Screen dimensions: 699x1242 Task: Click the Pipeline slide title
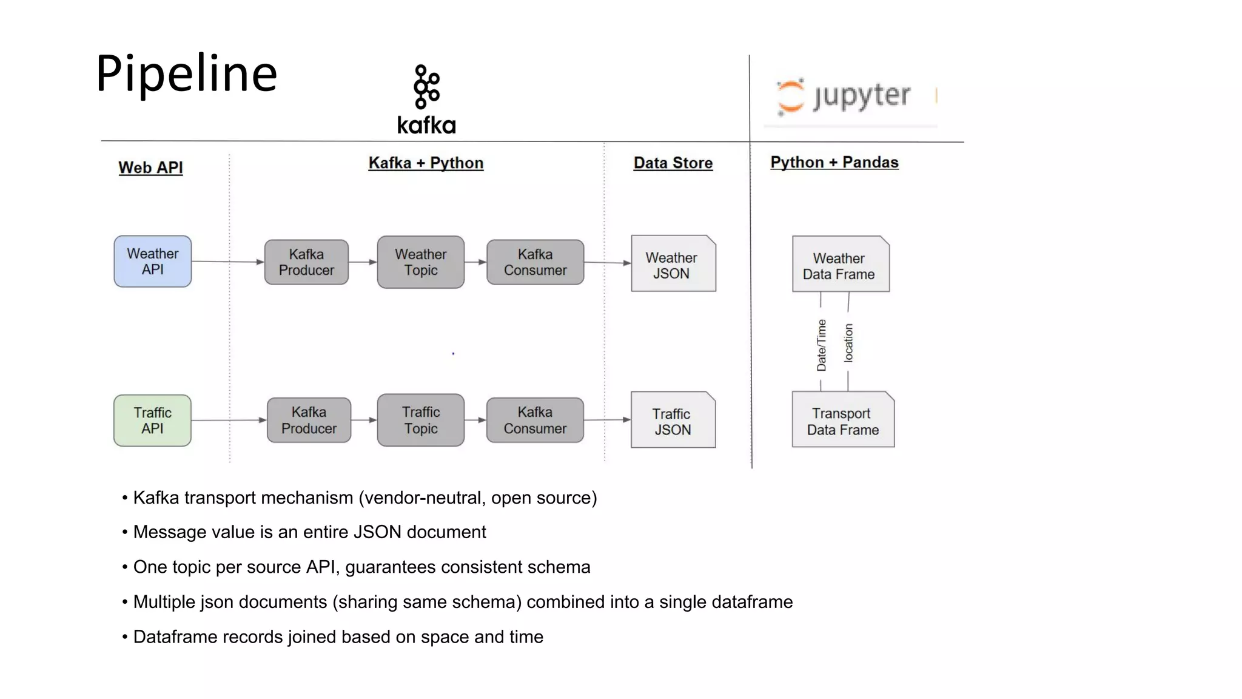pyautogui.click(x=186, y=73)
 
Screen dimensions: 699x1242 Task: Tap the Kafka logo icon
pyautogui.click(x=426, y=87)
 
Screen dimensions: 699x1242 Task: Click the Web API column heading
pyautogui.click(x=150, y=167)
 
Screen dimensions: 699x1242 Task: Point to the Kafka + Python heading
pyautogui.click(x=426, y=163)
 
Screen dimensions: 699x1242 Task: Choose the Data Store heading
pyautogui.click(x=673, y=163)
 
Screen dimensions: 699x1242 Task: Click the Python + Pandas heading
pyautogui.click(x=834, y=162)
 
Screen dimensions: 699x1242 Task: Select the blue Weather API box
pyautogui.click(x=153, y=262)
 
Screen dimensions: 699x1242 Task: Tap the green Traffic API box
pyautogui.click(x=153, y=420)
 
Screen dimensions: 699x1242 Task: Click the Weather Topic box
pyautogui.click(x=420, y=262)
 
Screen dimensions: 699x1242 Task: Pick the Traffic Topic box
pyautogui.click(x=420, y=420)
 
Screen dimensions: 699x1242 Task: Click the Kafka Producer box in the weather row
pyautogui.click(x=306, y=262)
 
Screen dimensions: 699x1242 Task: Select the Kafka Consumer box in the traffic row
pyautogui.click(x=535, y=420)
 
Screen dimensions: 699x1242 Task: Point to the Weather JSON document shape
pyautogui.click(x=673, y=264)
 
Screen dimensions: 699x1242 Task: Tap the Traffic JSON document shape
pyautogui.click(x=673, y=420)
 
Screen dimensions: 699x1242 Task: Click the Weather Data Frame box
pyautogui.click(x=840, y=265)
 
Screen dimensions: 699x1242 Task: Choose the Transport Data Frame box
pyautogui.click(x=842, y=420)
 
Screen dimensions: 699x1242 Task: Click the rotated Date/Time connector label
pyautogui.click(x=821, y=345)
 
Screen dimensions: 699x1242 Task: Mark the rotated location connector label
pyautogui.click(x=848, y=343)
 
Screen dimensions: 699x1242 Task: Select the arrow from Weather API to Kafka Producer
pyautogui.click(x=228, y=262)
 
